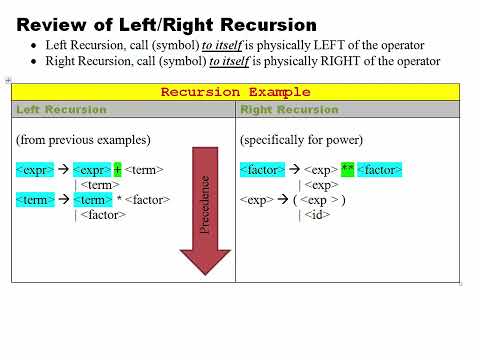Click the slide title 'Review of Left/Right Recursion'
pos(167,24)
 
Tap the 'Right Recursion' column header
pos(289,109)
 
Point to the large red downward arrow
pos(204,210)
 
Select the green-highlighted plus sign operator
pos(117,170)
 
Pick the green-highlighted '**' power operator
pos(348,170)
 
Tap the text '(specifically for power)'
pos(300,139)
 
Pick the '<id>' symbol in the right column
pos(318,215)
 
